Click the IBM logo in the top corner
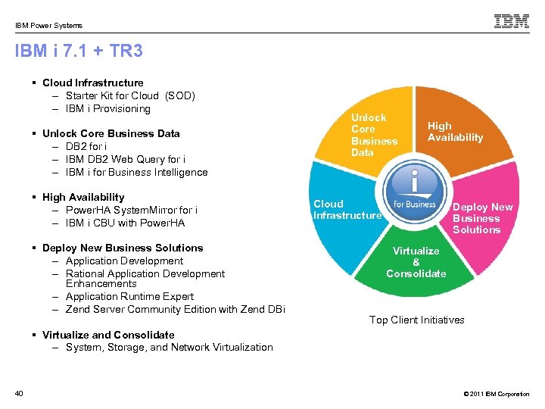point(512,21)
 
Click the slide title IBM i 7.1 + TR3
point(79,52)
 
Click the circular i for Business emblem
point(415,193)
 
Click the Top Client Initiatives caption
point(416,320)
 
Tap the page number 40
point(19,392)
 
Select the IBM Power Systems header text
point(48,25)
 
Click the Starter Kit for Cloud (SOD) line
point(130,95)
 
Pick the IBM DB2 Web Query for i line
point(126,159)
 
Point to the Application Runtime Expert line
point(129,296)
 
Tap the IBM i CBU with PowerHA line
point(125,223)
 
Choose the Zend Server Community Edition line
point(175,309)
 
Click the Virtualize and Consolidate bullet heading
point(108,335)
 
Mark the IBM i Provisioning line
point(108,108)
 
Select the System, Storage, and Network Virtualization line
point(169,348)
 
